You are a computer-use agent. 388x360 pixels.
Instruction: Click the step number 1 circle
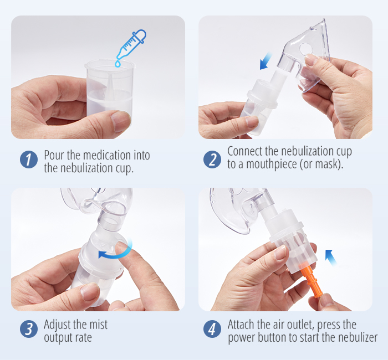click(x=28, y=160)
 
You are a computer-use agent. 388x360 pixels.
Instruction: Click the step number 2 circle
click(x=212, y=160)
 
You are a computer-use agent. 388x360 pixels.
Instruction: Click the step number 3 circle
click(x=28, y=329)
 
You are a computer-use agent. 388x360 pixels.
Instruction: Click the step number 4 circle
click(x=212, y=329)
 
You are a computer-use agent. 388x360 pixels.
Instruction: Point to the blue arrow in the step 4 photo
click(x=331, y=256)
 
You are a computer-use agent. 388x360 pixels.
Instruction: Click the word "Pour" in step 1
click(x=54, y=155)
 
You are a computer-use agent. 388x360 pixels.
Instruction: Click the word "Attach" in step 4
click(x=243, y=325)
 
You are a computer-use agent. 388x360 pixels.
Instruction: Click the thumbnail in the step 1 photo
click(x=121, y=121)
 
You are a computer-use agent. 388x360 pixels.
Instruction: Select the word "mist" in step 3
click(x=98, y=325)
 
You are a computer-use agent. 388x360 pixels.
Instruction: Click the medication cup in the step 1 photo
click(x=110, y=89)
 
